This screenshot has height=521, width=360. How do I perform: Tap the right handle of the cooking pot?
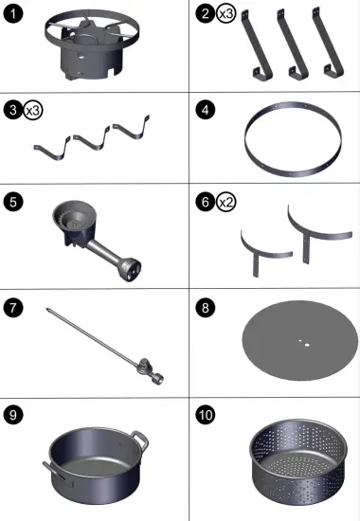tap(139, 438)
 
